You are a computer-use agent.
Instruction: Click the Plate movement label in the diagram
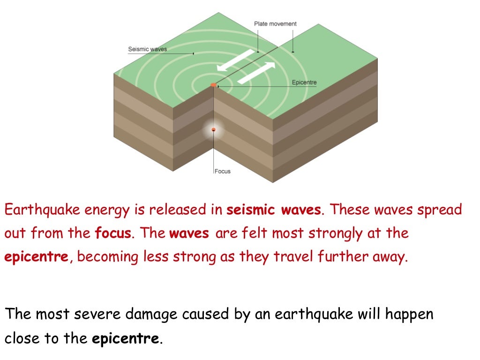click(275, 24)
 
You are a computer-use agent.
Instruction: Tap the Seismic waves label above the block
click(147, 49)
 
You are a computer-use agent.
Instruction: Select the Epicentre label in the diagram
click(304, 82)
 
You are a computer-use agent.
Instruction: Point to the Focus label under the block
click(223, 171)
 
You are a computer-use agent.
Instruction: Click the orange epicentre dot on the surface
click(214, 85)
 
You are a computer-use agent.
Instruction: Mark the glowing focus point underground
click(214, 129)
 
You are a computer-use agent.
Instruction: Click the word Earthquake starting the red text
click(43, 210)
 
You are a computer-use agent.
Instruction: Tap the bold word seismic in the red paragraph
click(251, 210)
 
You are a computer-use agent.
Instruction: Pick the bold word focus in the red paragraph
click(112, 233)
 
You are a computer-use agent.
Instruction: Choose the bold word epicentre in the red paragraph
click(37, 257)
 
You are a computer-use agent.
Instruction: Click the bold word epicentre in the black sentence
click(126, 338)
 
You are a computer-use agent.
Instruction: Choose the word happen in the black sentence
click(411, 314)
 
